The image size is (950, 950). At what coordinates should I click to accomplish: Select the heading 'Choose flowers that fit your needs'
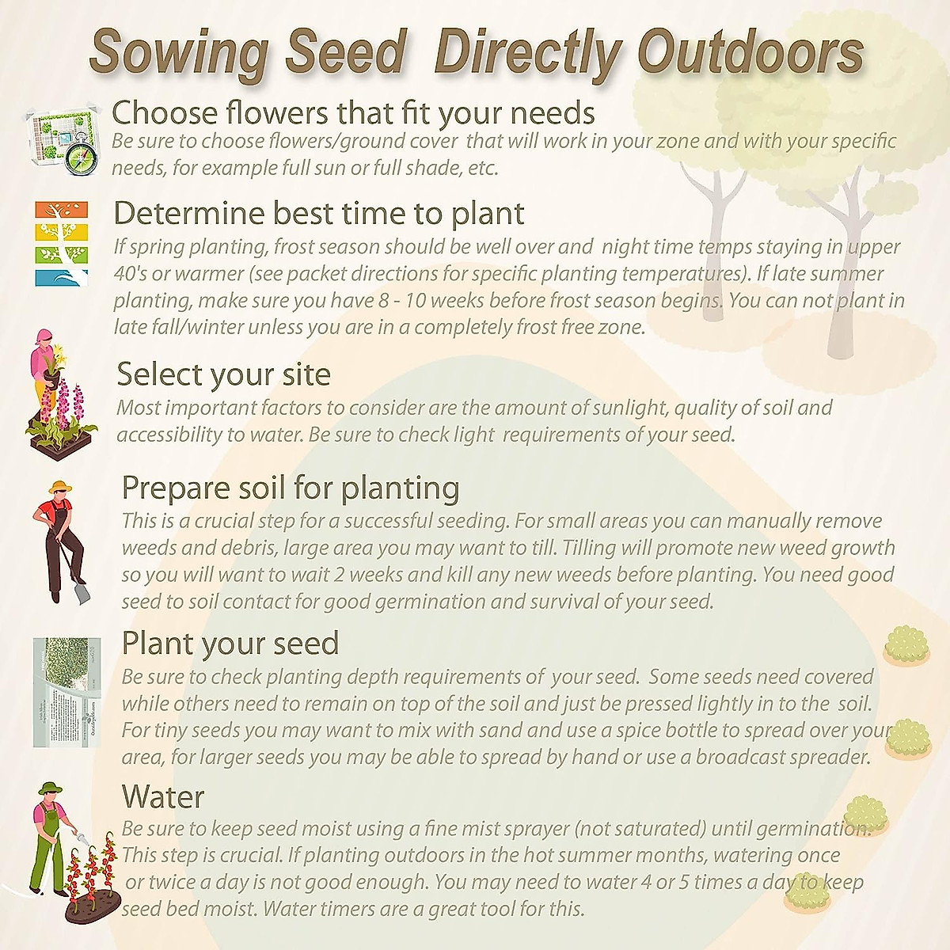point(353,112)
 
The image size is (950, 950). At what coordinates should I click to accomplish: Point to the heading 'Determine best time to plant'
point(318,213)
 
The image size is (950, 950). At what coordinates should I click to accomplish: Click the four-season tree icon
point(61,243)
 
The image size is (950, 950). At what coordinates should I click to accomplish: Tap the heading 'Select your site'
point(223,374)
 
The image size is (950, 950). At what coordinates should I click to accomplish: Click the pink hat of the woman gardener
point(42,336)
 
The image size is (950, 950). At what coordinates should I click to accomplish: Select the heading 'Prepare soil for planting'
point(290,488)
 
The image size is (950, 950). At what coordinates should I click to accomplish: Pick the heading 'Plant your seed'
point(230,643)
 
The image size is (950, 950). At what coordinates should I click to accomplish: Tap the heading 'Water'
point(162,796)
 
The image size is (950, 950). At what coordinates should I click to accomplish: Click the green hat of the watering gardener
point(51,788)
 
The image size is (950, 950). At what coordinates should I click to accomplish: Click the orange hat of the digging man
point(60,488)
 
